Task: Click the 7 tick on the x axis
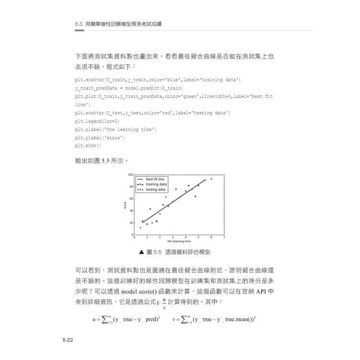(x=224, y=237)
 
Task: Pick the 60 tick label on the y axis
(x=131, y=198)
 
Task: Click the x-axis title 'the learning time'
(x=179, y=241)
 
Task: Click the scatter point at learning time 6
(x=211, y=179)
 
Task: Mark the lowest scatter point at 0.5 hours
(x=140, y=228)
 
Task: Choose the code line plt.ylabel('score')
(x=100, y=137)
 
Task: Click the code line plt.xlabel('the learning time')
(x=115, y=129)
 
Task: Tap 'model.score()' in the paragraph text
(x=143, y=291)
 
